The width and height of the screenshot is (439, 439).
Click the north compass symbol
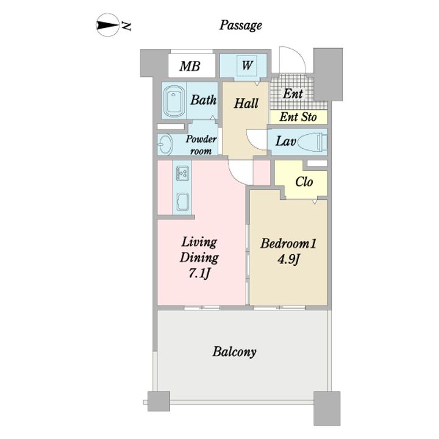[108, 26]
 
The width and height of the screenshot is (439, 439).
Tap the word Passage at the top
[240, 26]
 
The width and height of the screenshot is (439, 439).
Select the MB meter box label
[190, 66]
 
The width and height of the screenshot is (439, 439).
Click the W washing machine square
[247, 65]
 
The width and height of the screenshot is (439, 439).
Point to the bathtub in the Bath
[174, 101]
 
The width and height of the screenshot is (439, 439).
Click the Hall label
[246, 103]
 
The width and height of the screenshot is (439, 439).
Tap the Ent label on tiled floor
[293, 93]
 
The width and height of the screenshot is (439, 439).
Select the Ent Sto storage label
[298, 116]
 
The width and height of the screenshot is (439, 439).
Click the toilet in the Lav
[312, 142]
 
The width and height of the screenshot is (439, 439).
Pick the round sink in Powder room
[165, 145]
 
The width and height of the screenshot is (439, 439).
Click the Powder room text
[201, 145]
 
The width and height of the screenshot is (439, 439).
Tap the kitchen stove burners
[182, 173]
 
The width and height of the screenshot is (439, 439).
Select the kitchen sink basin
[183, 202]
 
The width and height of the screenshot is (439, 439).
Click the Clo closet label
[304, 182]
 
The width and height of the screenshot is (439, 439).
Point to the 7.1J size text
[199, 273]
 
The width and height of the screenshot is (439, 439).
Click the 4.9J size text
[288, 260]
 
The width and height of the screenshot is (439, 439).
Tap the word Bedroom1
[288, 243]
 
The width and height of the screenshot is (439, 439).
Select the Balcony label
[234, 352]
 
